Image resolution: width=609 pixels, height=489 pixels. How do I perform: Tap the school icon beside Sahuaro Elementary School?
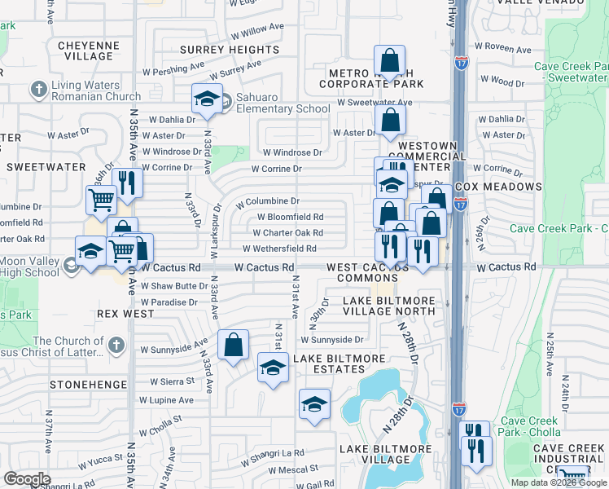(x=207, y=99)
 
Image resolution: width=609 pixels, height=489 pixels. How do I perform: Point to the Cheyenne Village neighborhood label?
(x=87, y=51)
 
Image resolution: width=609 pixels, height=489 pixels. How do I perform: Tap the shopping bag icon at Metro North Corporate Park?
(x=390, y=60)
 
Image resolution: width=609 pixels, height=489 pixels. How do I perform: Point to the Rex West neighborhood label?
(x=125, y=313)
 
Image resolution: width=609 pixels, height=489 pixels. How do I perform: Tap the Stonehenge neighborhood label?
(x=88, y=383)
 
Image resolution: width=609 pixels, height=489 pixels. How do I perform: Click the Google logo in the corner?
(x=27, y=478)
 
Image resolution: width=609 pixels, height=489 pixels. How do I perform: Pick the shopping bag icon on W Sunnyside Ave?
(x=234, y=345)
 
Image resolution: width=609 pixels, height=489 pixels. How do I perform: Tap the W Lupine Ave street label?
(x=166, y=400)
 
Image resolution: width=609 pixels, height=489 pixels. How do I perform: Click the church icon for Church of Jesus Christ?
(x=116, y=346)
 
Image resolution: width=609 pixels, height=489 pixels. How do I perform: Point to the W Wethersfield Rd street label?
(x=278, y=249)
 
